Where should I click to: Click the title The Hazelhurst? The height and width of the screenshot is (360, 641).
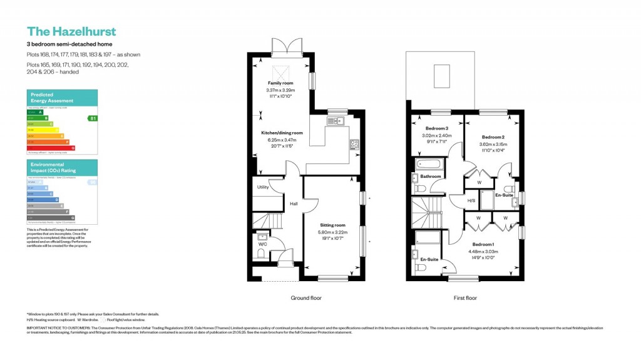click(71, 31)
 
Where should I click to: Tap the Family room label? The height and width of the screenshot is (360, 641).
click(280, 83)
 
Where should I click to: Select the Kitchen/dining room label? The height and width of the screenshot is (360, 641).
click(282, 133)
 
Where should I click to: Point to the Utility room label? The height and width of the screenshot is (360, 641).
click(262, 187)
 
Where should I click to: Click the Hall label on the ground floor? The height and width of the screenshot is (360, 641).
click(293, 203)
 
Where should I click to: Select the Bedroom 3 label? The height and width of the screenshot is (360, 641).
click(436, 128)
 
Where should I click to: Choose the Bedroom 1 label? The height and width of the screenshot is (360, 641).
click(483, 244)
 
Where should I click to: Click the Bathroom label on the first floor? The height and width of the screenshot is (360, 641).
click(431, 177)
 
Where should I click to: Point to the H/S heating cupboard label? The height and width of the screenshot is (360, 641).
click(471, 201)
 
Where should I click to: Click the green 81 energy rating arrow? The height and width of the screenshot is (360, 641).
click(92, 118)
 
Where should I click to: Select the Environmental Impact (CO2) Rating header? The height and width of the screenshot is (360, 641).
click(53, 167)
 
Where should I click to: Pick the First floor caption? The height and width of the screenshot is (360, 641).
click(465, 298)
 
